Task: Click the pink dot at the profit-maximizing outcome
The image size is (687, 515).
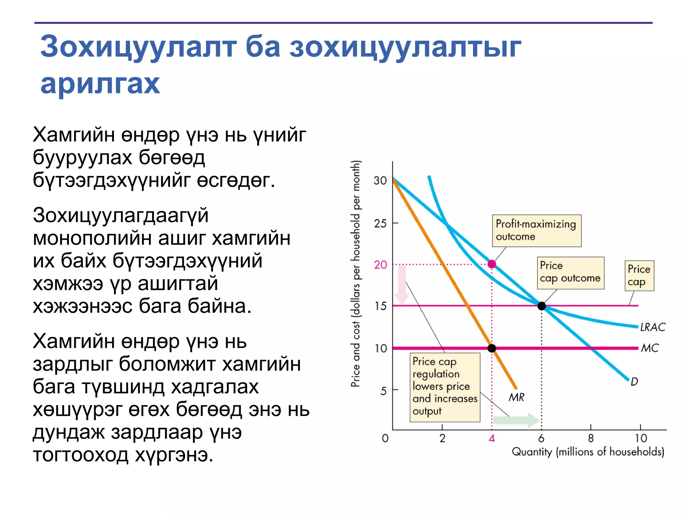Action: click(492, 264)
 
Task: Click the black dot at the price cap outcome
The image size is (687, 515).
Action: click(541, 306)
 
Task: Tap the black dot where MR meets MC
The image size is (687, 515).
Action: click(492, 348)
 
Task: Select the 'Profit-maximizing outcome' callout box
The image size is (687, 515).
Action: click(536, 231)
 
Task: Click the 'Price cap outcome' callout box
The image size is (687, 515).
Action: click(570, 273)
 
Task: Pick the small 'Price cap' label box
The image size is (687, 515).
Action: click(639, 275)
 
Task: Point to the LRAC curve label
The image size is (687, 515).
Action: click(652, 327)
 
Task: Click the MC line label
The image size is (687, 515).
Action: click(650, 348)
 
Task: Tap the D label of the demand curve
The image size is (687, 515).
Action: click(634, 382)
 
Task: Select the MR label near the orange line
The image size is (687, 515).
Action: click(516, 397)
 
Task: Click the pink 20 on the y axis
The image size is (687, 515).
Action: click(380, 265)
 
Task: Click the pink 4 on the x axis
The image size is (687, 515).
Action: click(492, 438)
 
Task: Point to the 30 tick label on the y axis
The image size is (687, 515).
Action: click(380, 181)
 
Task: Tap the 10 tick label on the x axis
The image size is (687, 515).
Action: click(641, 438)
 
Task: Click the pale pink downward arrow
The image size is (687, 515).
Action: click(402, 285)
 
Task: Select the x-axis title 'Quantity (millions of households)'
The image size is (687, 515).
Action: click(588, 452)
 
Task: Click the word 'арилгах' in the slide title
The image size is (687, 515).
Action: click(100, 84)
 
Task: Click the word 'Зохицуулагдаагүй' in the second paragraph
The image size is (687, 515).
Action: click(121, 215)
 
